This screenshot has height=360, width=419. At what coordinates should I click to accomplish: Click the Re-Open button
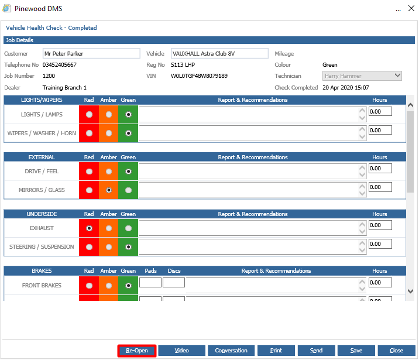click(137, 351)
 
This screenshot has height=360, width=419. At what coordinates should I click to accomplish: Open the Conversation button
click(231, 351)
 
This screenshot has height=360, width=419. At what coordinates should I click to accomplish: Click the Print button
click(276, 351)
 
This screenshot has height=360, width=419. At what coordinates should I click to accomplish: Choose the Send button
click(316, 351)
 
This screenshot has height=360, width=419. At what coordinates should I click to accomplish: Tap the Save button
click(356, 351)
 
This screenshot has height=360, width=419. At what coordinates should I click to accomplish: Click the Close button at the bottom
click(396, 351)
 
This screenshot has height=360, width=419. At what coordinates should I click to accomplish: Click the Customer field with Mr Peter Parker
click(91, 54)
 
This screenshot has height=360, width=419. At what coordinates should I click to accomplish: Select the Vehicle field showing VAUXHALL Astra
click(219, 54)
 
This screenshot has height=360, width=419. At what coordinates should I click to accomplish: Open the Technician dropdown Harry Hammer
click(362, 76)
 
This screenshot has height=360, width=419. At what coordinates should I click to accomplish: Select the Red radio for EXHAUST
click(89, 228)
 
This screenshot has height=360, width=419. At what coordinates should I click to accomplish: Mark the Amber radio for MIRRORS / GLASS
click(108, 190)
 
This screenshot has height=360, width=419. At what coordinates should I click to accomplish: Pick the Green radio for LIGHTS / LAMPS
click(128, 115)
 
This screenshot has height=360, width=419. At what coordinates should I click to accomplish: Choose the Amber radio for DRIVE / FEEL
click(108, 172)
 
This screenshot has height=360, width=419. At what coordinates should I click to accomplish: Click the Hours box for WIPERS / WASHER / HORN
click(380, 131)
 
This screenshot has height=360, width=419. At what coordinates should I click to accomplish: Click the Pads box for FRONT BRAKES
click(150, 283)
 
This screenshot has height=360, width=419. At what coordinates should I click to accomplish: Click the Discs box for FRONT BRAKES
click(174, 283)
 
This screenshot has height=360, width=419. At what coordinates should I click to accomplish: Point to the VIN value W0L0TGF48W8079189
click(199, 76)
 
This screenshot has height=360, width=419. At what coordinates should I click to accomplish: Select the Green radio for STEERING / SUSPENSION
click(128, 247)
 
